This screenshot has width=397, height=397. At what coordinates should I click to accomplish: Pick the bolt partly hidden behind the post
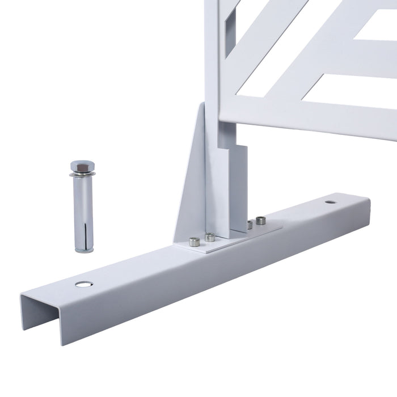point(248,225)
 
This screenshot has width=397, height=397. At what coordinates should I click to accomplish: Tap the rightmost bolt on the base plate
point(261,220)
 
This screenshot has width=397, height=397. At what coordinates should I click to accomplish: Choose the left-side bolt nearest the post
point(210,236)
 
